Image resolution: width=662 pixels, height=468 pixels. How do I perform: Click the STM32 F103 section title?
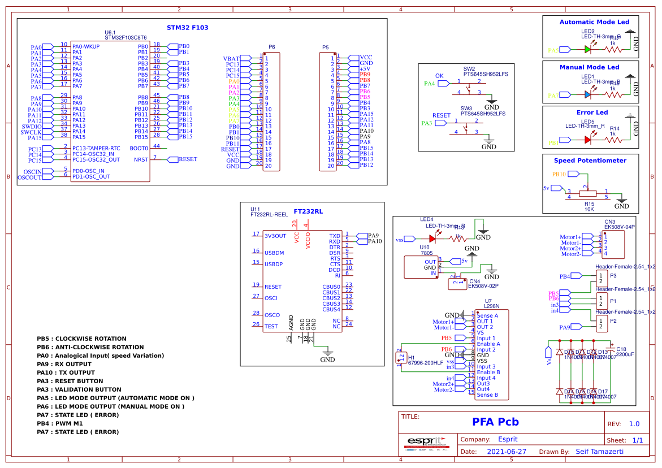coord(188,27)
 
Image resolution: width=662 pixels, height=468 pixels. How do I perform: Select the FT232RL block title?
coord(308,211)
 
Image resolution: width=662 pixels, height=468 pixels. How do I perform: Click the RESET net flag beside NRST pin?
coord(187,159)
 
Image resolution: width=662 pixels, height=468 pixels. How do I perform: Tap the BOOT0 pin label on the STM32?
coord(139,148)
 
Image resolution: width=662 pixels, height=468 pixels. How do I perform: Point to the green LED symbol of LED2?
coord(588,49)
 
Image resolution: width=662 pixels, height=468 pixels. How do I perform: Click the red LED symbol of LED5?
coord(588,139)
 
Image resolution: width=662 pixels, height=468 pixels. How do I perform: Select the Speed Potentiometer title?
coord(590,161)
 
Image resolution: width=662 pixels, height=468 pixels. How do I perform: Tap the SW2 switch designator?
coord(469,68)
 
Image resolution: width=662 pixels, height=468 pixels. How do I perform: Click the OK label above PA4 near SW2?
coord(439,76)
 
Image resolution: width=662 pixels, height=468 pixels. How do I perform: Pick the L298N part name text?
coord(492,306)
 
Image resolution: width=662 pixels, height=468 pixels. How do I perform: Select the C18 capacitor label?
coord(621,349)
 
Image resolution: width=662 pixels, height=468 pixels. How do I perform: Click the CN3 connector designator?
coord(609,222)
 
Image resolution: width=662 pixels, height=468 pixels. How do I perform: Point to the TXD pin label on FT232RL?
coord(335,236)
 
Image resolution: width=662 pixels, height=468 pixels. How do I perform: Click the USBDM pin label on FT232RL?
coord(274,253)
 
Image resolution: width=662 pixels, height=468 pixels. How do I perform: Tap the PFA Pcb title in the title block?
coord(495,422)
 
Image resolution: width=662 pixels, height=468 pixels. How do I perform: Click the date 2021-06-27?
coord(507,452)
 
